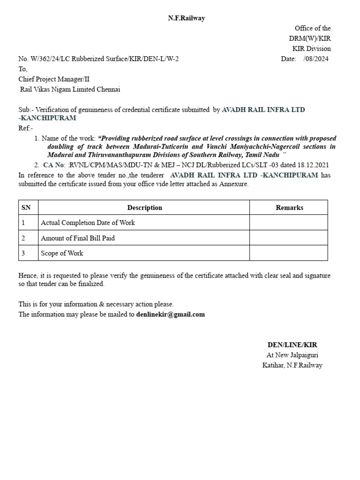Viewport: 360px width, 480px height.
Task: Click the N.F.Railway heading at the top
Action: pyautogui.click(x=187, y=18)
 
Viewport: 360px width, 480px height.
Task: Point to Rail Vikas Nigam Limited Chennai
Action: pyautogui.click(x=70, y=89)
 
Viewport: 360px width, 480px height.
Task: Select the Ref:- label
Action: pyautogui.click(x=26, y=128)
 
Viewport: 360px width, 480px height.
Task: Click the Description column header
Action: pyautogui.click(x=144, y=208)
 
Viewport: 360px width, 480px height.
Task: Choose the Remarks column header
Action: pyautogui.click(x=289, y=208)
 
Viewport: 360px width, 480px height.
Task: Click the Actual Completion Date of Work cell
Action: pyautogui.click(x=88, y=223)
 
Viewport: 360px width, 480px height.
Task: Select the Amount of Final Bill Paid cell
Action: pyautogui.click(x=78, y=238)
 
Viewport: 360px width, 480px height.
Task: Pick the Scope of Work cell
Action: pyautogui.click(x=62, y=253)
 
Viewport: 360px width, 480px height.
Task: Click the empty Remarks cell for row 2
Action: pyautogui.click(x=288, y=238)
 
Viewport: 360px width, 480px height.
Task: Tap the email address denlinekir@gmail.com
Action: pyautogui.click(x=171, y=315)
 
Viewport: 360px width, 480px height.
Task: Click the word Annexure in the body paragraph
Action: pyautogui.click(x=232, y=184)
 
